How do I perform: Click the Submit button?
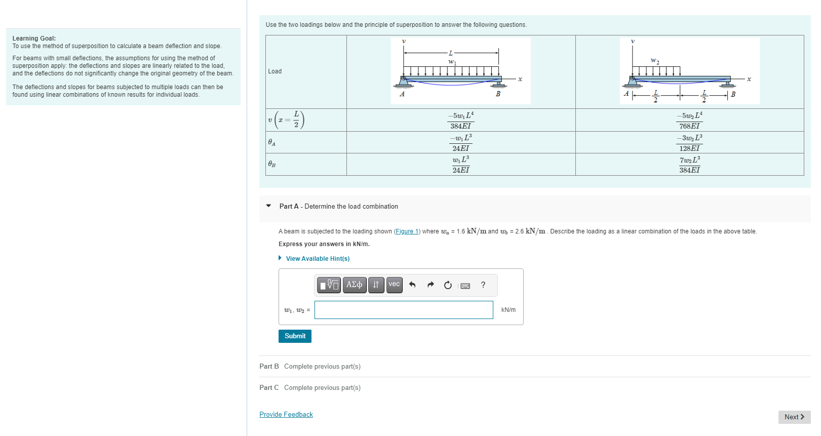(295, 336)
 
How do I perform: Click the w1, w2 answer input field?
(404, 310)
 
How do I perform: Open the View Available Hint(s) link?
(318, 259)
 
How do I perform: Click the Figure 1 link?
(407, 231)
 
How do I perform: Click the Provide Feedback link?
(286, 415)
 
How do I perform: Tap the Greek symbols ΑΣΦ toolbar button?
(354, 285)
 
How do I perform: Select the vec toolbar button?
(394, 285)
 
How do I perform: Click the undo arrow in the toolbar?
(412, 285)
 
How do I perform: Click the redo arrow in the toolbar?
(431, 285)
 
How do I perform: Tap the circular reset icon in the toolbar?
(448, 285)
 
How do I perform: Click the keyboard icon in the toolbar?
(465, 286)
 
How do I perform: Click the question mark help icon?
(483, 285)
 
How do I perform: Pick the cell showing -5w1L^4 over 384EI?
(460, 121)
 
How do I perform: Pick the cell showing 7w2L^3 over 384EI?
(689, 165)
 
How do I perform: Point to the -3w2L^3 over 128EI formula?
(689, 143)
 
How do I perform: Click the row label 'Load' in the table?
(275, 71)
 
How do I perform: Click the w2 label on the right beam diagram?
(655, 61)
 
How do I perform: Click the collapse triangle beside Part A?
(268, 206)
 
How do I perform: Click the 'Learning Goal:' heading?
(34, 38)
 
